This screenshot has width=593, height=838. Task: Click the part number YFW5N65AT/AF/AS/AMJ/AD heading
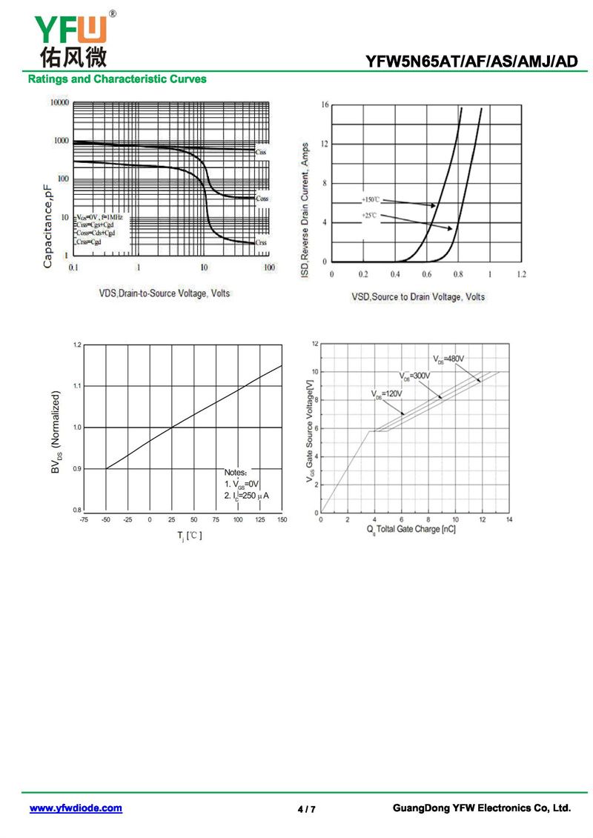click(x=471, y=62)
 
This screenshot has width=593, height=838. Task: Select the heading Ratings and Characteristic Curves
click(x=117, y=79)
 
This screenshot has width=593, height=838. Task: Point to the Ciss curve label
click(x=261, y=152)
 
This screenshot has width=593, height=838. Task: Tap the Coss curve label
click(x=262, y=199)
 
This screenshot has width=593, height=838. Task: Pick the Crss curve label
click(x=261, y=242)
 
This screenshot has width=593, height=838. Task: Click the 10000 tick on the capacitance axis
click(x=59, y=102)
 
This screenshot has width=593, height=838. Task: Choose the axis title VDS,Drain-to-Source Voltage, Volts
click(x=165, y=293)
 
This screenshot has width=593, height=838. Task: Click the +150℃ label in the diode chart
click(x=371, y=200)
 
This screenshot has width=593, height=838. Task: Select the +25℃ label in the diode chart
click(x=369, y=215)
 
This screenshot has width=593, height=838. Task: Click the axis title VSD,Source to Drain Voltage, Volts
click(x=418, y=296)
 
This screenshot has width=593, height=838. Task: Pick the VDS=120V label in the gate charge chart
click(x=387, y=393)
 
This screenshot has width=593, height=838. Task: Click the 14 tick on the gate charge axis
click(x=509, y=520)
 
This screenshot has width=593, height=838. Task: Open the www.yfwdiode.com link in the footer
click(x=76, y=808)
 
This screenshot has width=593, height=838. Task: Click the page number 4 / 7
click(x=306, y=809)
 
